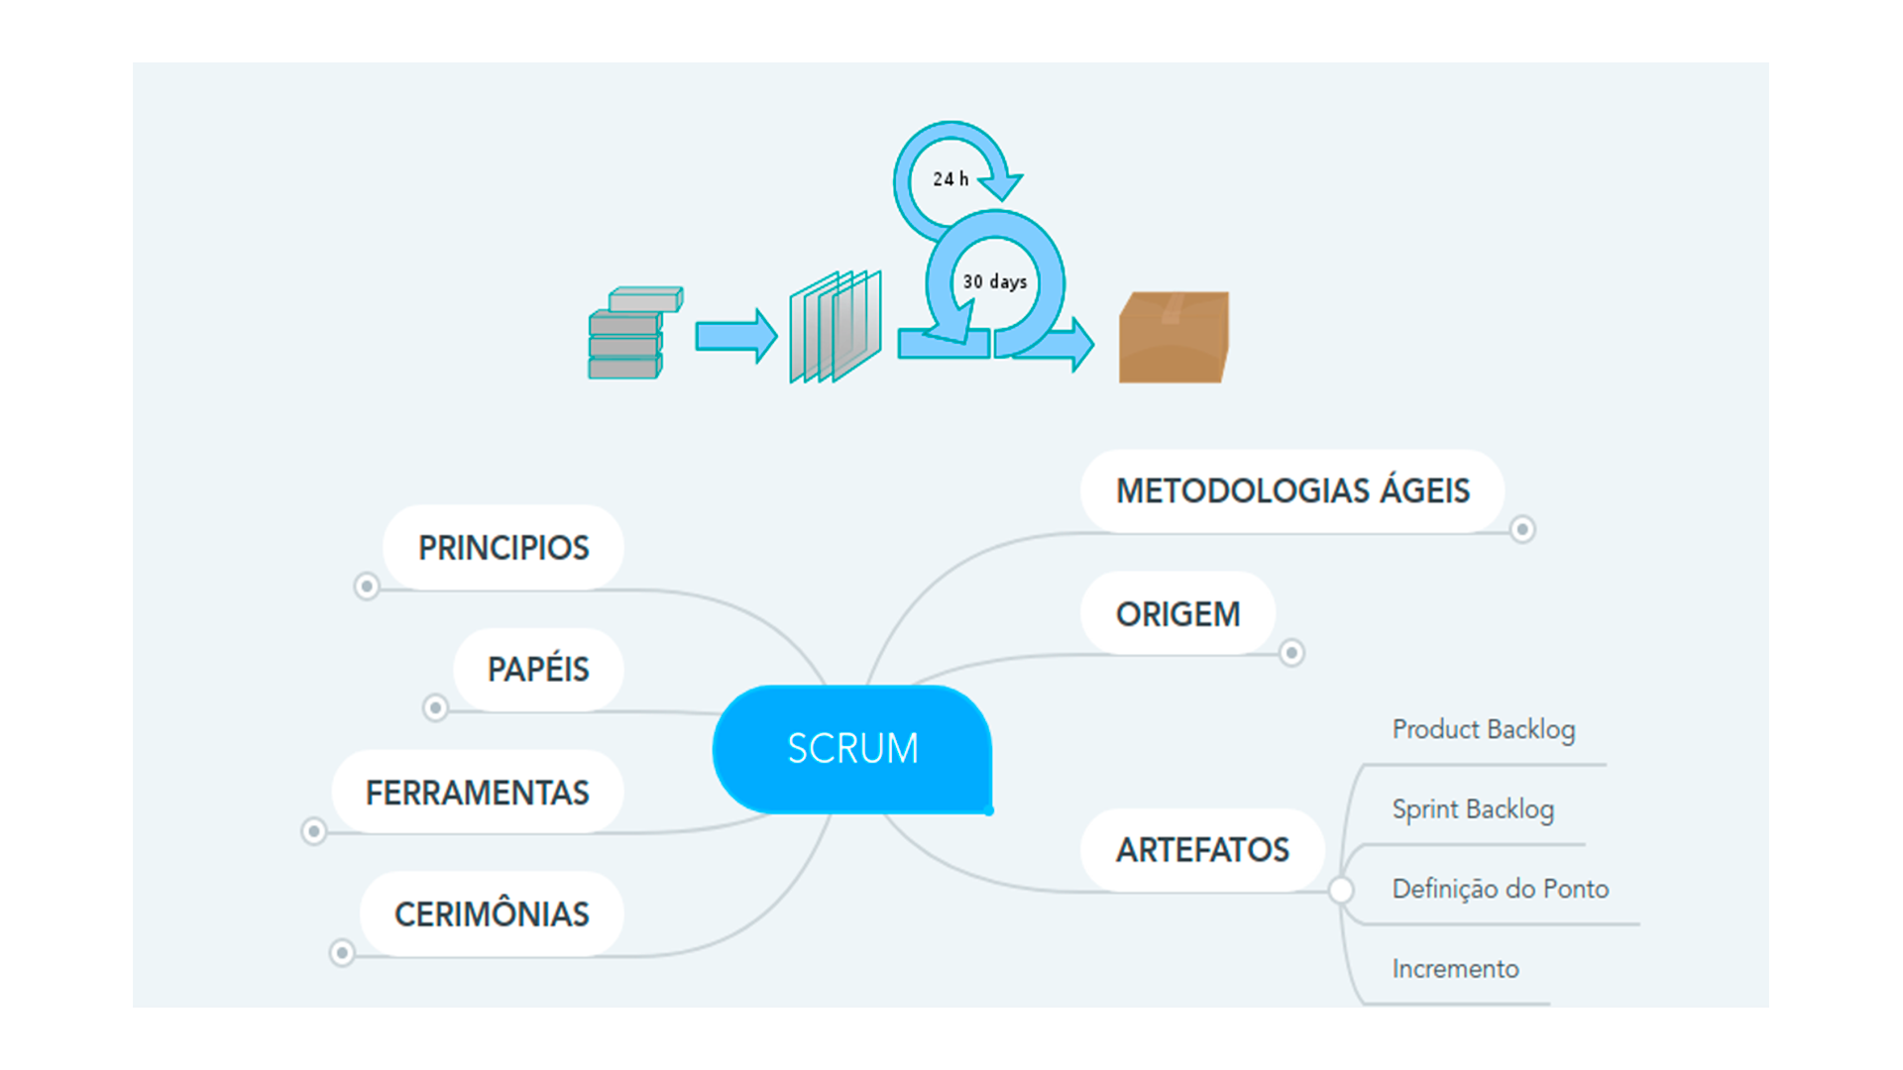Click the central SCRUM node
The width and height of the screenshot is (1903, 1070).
[x=852, y=749]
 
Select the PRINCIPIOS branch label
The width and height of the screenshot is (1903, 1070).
[x=504, y=548]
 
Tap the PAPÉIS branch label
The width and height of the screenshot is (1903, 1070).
[x=538, y=670]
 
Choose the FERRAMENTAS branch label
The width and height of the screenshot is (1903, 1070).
[x=478, y=793]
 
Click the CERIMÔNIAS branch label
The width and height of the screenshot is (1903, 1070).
[x=492, y=913]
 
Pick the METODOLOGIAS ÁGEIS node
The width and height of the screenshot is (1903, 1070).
[x=1292, y=491]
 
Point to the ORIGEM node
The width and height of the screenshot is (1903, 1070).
[x=1177, y=614]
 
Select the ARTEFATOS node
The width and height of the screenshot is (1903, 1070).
[x=1202, y=850]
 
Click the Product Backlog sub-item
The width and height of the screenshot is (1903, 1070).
[x=1484, y=730]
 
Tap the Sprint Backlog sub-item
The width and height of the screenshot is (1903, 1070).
[x=1473, y=809]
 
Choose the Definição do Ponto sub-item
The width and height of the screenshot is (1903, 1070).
[x=1501, y=889]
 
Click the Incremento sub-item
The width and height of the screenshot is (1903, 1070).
[x=1455, y=969]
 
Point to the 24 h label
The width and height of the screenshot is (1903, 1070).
[x=951, y=179]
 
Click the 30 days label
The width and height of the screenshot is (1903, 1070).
[x=995, y=282]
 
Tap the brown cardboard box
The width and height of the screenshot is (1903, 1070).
[x=1174, y=337]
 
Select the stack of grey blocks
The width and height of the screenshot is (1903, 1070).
[x=634, y=334]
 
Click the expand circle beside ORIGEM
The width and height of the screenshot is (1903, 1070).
[x=1291, y=653]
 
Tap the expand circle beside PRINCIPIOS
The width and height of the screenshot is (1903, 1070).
[x=367, y=587]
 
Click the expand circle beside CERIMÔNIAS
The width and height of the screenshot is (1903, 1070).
[x=342, y=953]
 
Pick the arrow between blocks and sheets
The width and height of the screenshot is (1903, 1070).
[x=736, y=337]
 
